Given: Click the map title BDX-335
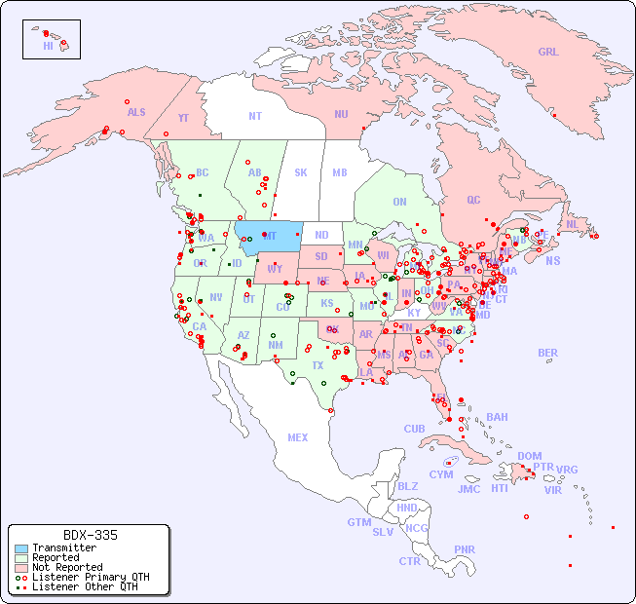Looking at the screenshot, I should [x=90, y=536].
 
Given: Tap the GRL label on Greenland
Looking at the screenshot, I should [x=548, y=53].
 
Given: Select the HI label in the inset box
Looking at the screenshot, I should [x=48, y=46].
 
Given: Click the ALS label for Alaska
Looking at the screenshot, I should [x=136, y=113].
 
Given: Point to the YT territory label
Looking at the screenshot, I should [x=183, y=118].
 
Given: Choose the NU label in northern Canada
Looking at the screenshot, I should [x=341, y=115].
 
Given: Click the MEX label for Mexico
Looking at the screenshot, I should [x=298, y=438].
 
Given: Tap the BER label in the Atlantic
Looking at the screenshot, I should [x=547, y=354].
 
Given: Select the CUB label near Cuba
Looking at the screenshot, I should [x=414, y=430].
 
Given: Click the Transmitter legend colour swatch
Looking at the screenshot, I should [x=20, y=548].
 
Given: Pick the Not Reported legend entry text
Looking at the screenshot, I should [x=67, y=567].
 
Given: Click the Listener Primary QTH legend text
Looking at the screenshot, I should [x=90, y=577].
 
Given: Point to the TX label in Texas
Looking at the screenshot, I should [x=318, y=366].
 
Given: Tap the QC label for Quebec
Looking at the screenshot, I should [x=473, y=201].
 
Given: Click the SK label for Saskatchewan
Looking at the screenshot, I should [x=301, y=173].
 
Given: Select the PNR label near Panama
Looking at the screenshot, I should [x=465, y=549].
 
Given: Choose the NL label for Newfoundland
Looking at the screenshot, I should [x=573, y=224].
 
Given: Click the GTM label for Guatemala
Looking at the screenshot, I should [x=358, y=523].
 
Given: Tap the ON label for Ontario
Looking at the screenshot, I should [x=399, y=203].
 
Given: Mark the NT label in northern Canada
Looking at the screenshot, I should [x=255, y=116].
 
